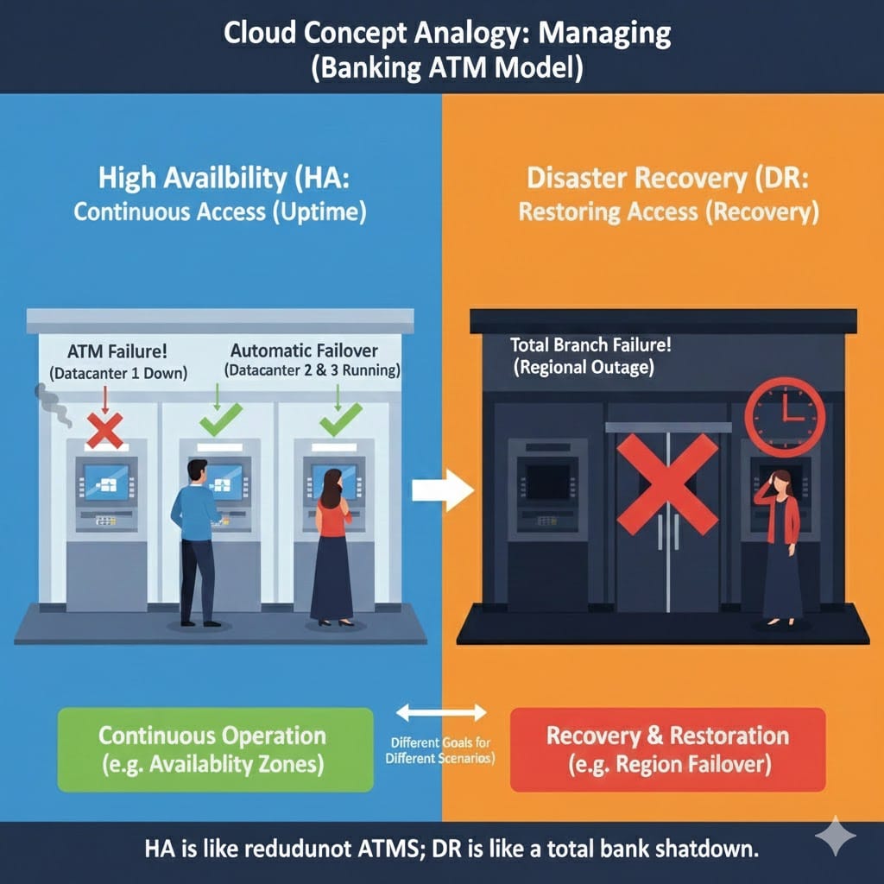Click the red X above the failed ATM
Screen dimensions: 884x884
[x=105, y=429]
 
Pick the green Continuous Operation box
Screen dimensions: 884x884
[x=214, y=748]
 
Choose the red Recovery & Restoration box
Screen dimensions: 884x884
[x=667, y=749]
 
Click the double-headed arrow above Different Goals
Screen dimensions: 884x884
[x=441, y=713]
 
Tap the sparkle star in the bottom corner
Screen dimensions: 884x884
[x=835, y=837]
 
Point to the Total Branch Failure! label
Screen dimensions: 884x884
[x=590, y=345]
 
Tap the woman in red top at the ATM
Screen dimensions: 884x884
[x=331, y=544]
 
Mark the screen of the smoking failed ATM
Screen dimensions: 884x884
[x=105, y=480]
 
